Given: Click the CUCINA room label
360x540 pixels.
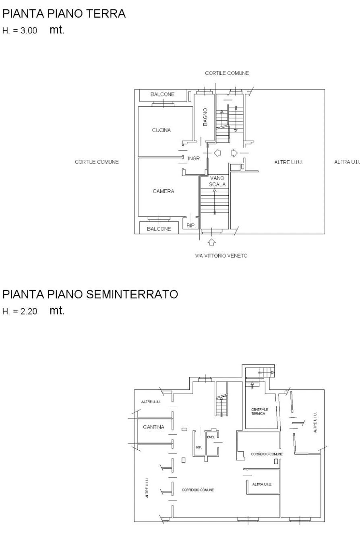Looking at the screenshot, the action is pyautogui.click(x=161, y=130).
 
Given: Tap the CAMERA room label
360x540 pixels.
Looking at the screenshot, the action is pyautogui.click(x=163, y=191).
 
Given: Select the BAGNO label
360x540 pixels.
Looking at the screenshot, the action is pyautogui.click(x=205, y=117).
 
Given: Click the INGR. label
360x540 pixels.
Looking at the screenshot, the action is pyautogui.click(x=194, y=158).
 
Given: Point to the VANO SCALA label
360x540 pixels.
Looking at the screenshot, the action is pyautogui.click(x=217, y=181).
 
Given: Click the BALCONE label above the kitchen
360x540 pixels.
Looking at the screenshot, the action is pyautogui.click(x=162, y=94).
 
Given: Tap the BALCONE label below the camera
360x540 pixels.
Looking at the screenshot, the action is pyautogui.click(x=159, y=229).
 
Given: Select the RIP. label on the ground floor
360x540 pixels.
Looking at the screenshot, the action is pyautogui.click(x=191, y=226).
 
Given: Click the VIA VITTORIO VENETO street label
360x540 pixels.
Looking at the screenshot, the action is pyautogui.click(x=221, y=256).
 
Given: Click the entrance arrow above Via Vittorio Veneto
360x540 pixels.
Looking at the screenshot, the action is pyautogui.click(x=211, y=242).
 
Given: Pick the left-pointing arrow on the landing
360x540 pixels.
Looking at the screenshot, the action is pyautogui.click(x=217, y=153).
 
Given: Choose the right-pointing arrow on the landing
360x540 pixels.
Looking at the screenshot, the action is pyautogui.click(x=234, y=153).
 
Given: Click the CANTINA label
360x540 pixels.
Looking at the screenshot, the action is pyautogui.click(x=153, y=427).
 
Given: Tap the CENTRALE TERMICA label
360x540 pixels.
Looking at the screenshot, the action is pyautogui.click(x=259, y=412).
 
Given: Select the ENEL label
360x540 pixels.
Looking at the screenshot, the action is pyautogui.click(x=211, y=437).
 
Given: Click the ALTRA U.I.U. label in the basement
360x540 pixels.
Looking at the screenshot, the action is pyautogui.click(x=262, y=484).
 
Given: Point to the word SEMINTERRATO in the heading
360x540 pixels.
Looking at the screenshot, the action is pyautogui.click(x=132, y=294).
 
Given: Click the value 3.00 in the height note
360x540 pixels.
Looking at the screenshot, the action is pyautogui.click(x=29, y=31).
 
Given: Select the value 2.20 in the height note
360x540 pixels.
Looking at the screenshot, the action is pyautogui.click(x=29, y=311).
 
